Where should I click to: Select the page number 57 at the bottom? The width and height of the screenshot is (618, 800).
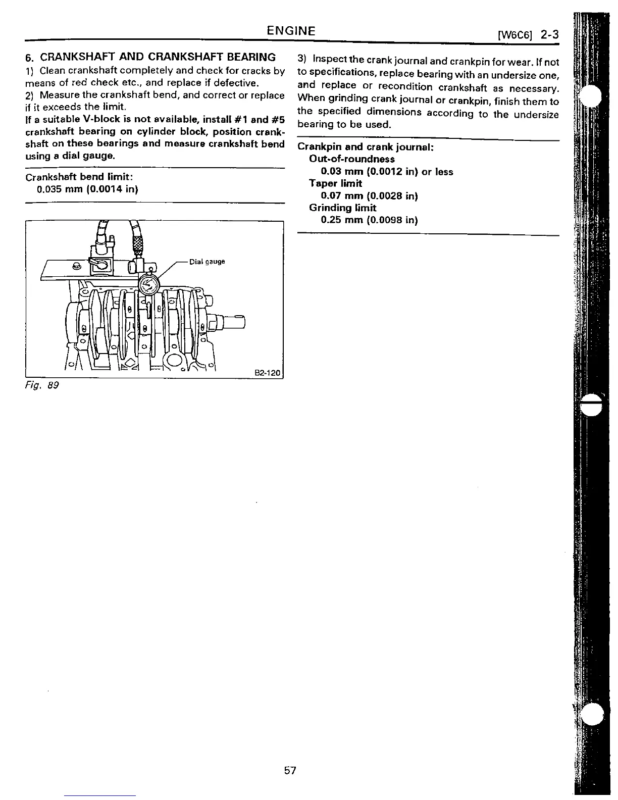click(x=289, y=771)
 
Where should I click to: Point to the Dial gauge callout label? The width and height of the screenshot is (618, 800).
click(x=207, y=262)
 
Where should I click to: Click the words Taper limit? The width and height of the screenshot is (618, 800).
click(x=335, y=183)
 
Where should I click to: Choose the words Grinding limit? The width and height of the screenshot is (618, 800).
click(x=342, y=208)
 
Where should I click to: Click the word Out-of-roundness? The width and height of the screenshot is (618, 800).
click(x=352, y=159)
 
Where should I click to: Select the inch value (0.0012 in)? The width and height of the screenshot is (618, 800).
click(x=392, y=172)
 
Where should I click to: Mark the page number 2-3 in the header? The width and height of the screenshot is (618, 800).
click(x=549, y=35)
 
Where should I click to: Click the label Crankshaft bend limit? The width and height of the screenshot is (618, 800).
click(x=79, y=177)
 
